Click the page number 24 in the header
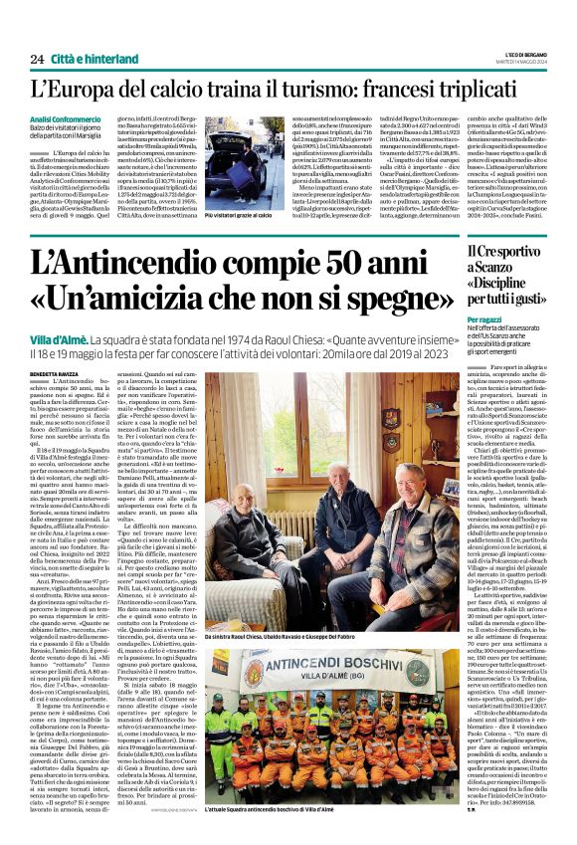coord(36,59)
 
